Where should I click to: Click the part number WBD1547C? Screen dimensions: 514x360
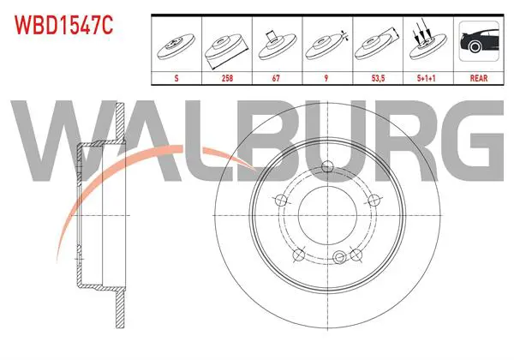coord(64,25)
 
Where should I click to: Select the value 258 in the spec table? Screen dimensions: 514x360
coord(227,78)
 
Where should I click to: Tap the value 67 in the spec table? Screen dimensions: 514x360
coord(276,78)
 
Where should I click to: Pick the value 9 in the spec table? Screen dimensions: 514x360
coord(326,78)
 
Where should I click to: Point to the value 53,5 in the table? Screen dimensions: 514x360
coord(378,78)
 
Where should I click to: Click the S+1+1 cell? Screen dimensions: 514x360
coord(426,78)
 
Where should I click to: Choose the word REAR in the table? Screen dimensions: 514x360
coord(479,78)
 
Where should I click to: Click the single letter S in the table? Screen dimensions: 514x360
coord(176,78)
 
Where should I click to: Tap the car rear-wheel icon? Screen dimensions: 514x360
coord(479,41)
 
